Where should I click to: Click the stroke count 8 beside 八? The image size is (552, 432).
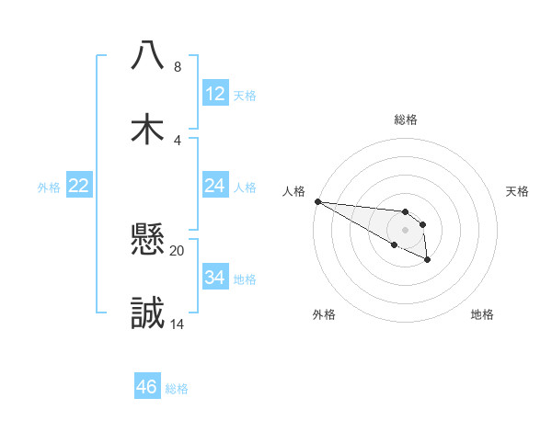click(x=177, y=67)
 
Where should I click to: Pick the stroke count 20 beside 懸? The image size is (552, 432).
click(x=177, y=250)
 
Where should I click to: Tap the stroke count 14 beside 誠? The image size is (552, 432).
click(x=177, y=324)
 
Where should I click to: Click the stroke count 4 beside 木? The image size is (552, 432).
click(x=177, y=140)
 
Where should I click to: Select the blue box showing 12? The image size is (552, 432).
click(x=215, y=94)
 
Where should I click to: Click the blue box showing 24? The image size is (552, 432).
click(x=215, y=186)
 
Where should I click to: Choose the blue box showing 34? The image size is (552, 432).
click(x=215, y=278)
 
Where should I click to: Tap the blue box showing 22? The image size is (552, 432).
click(x=79, y=186)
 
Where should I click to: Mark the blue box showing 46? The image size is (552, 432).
click(x=147, y=387)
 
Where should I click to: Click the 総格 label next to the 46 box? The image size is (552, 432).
click(x=177, y=389)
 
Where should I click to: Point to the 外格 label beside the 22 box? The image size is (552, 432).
click(x=49, y=188)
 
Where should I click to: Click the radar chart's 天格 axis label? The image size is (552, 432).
click(x=517, y=191)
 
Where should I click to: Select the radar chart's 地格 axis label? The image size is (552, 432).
click(x=482, y=314)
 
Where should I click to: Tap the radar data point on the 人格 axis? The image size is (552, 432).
click(x=317, y=201)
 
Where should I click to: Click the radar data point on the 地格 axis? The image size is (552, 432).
click(x=428, y=261)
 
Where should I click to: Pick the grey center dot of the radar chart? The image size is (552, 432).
click(x=405, y=230)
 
